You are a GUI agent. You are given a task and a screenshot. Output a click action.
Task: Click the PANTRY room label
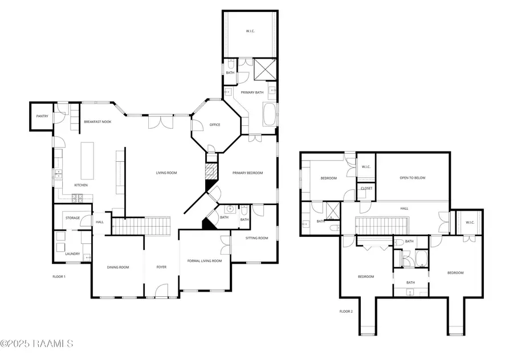pyautogui.click(x=42, y=116)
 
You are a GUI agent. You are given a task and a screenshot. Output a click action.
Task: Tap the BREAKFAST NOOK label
pyautogui.click(x=97, y=122)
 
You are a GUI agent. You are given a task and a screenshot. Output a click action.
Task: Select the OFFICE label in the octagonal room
pyautogui.click(x=214, y=125)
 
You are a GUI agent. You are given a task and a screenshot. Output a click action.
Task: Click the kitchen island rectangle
pyautogui.click(x=88, y=161)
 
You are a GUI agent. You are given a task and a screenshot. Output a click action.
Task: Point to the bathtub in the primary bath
pyautogui.click(x=270, y=114)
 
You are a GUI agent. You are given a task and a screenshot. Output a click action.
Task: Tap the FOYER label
pyautogui.click(x=161, y=267)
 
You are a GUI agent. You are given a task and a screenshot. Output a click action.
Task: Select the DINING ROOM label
pyautogui.click(x=118, y=267)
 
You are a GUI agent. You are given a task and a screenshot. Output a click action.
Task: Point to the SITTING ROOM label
pyautogui.click(x=256, y=238)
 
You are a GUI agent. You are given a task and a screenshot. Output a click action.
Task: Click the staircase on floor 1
pyautogui.click(x=141, y=226)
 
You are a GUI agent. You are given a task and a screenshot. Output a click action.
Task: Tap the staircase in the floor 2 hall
pyautogui.click(x=380, y=225)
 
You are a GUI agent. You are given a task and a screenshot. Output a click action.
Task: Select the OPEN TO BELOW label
pyautogui.click(x=412, y=178)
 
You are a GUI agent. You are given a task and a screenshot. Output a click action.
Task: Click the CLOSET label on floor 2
pyautogui.click(x=366, y=189)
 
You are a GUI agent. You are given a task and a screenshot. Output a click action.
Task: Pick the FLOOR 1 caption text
pyautogui.click(x=59, y=277)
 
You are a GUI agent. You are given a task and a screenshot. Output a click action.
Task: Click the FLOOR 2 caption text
pyautogui.click(x=346, y=312)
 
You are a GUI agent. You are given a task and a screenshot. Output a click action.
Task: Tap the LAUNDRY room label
pyautogui.click(x=72, y=253)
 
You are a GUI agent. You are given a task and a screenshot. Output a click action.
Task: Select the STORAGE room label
pyautogui.click(x=72, y=218)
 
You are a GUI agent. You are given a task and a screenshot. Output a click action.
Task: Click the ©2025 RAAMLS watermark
pyautogui.click(x=37, y=343)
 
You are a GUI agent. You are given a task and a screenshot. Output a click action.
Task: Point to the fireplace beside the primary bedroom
pyautogui.click(x=211, y=171)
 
